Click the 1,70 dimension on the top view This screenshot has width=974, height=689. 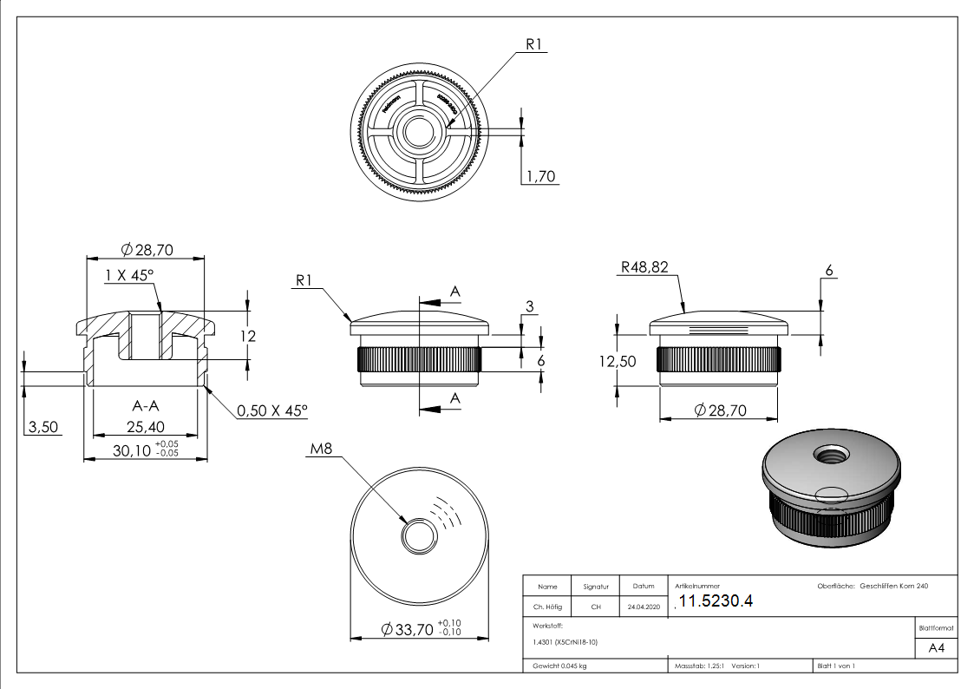click(540, 177)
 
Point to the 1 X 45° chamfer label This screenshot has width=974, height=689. click(129, 275)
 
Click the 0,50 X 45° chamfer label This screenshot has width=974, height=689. click(272, 410)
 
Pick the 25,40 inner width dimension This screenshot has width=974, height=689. click(146, 427)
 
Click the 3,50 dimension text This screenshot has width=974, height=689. click(42, 427)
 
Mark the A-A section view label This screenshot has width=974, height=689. click(147, 405)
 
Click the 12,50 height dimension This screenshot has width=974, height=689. click(617, 362)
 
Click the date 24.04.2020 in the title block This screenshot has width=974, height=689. click(643, 607)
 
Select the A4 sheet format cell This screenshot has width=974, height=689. click(937, 647)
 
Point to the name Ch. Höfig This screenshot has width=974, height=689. click(546, 607)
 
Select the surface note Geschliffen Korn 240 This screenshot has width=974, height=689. click(893, 587)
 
